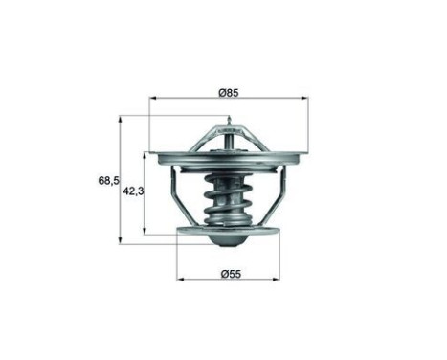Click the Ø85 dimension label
(227, 92)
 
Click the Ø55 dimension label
(228, 276)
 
